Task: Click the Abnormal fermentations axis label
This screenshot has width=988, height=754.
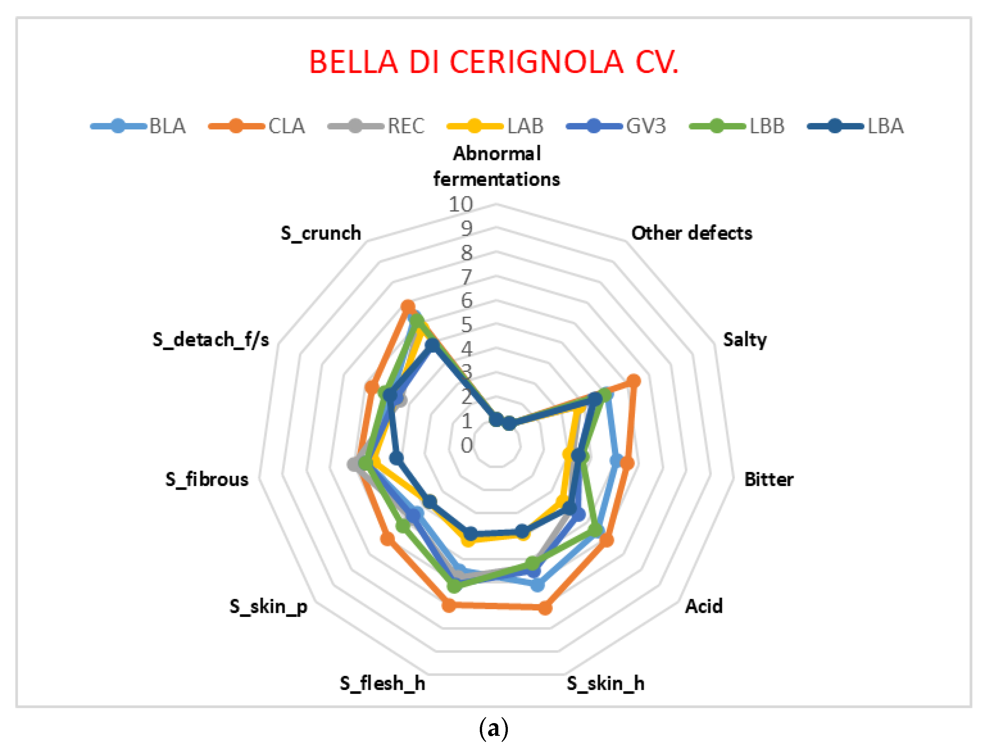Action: click(496, 166)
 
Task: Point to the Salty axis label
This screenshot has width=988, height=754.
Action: click(745, 340)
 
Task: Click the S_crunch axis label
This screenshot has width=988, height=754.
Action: click(321, 233)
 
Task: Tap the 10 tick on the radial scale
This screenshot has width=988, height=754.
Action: click(461, 205)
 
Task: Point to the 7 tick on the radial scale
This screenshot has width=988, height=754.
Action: click(466, 277)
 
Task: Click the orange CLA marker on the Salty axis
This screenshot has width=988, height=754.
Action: click(633, 381)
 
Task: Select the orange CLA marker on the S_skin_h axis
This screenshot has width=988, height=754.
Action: click(545, 608)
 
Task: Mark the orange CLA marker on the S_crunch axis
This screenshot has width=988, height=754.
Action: click(407, 307)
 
